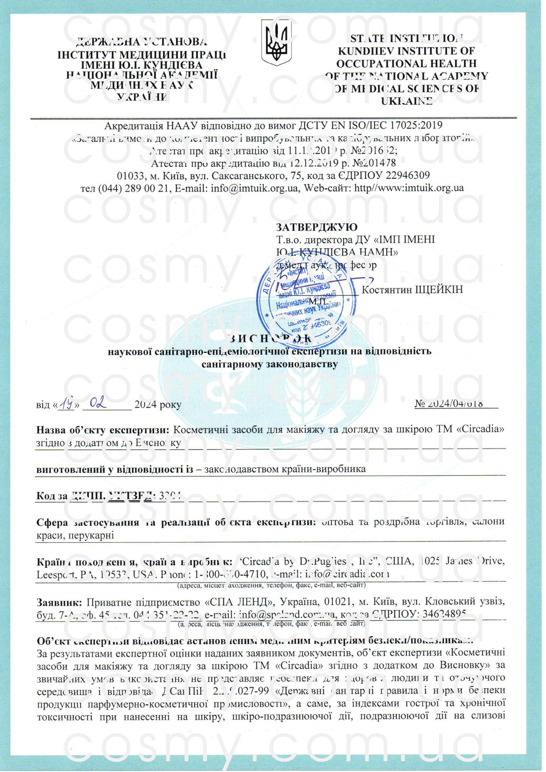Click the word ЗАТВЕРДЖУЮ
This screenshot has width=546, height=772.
pos(317,227)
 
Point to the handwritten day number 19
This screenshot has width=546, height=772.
pos(68,404)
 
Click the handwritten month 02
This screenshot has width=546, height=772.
pos(98,403)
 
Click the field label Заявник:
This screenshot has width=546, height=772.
pos(59,602)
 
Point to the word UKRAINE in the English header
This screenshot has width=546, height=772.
pos(406,101)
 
